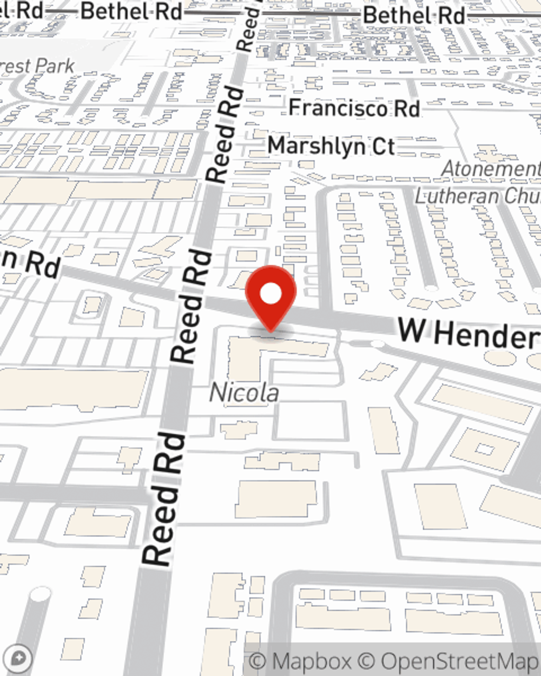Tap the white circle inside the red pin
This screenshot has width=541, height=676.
pos(270,294)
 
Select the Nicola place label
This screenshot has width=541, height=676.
pos(244,393)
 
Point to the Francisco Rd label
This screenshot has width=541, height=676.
pos(354,108)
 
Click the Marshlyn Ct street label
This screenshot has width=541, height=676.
pos(331,146)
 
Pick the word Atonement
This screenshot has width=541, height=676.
pos(490,169)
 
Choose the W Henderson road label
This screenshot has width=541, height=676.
pos(469,333)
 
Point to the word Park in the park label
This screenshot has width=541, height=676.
pos(55,66)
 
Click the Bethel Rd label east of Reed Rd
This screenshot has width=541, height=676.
pos(413,15)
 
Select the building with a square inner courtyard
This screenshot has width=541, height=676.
pos(485,449)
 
